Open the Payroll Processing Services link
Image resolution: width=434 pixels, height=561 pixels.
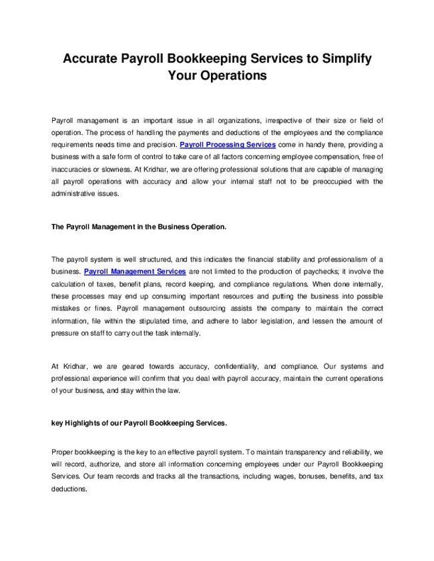pos(228,144)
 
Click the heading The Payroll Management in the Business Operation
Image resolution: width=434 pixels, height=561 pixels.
pos(139,227)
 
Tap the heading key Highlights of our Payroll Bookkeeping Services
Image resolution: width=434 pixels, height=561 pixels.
pos(139,424)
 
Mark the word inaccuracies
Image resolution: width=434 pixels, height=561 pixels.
pos(75,169)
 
